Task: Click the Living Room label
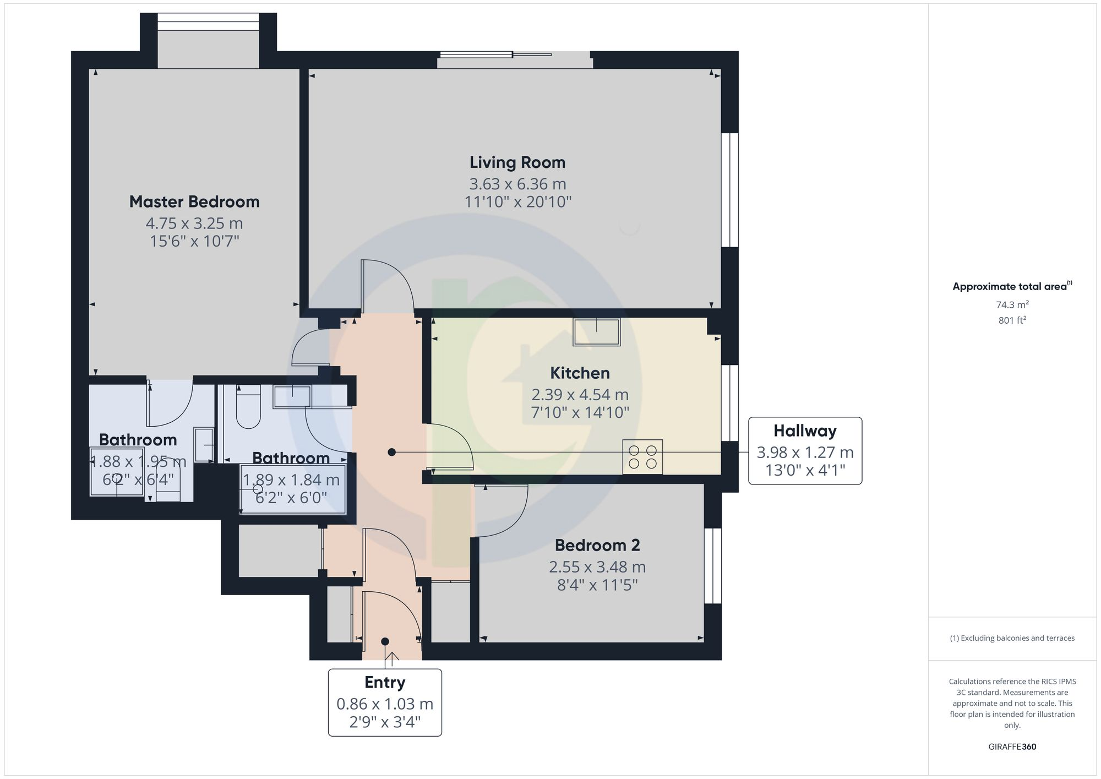(x=517, y=162)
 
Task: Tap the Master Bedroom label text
(x=194, y=201)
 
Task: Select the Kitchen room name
(x=580, y=373)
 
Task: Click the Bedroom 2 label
(x=597, y=545)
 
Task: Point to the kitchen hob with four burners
(x=642, y=456)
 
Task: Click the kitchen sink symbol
(x=596, y=332)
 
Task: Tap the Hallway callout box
(x=805, y=450)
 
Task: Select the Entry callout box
(x=385, y=702)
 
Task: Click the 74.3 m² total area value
(x=1012, y=304)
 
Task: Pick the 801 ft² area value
(x=1012, y=320)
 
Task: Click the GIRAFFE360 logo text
(x=1012, y=747)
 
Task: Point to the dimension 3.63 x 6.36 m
(x=517, y=184)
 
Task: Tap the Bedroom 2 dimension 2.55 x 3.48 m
(x=597, y=566)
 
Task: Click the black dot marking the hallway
(x=391, y=452)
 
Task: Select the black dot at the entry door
(x=385, y=641)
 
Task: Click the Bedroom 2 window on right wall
(x=712, y=566)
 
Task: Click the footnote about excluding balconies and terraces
(x=1012, y=638)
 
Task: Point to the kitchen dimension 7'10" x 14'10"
(x=580, y=412)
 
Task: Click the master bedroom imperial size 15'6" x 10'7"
(x=194, y=241)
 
